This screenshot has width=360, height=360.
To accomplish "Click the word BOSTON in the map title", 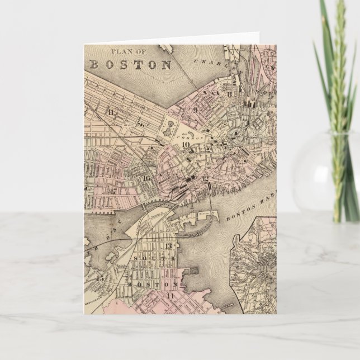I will click(x=131, y=64).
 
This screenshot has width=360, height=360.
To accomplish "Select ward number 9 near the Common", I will click(x=196, y=110).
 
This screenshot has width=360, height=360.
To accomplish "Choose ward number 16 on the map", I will click(x=146, y=179).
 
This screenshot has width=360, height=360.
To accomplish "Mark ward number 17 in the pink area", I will click(x=113, y=191).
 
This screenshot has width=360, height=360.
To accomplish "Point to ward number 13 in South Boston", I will click(x=169, y=246).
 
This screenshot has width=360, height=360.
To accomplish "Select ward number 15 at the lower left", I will click(x=101, y=278).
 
